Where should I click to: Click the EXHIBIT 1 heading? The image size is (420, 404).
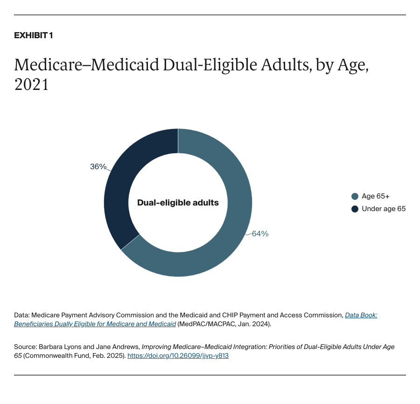[x=33, y=35]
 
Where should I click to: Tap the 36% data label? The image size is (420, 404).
[x=98, y=166]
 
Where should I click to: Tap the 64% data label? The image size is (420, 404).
[x=260, y=234]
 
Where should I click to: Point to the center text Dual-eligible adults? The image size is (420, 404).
[x=178, y=203]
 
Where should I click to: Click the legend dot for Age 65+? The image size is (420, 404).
[x=355, y=196]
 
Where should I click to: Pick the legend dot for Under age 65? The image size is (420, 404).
[x=355, y=209]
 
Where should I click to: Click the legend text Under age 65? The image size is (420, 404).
[x=384, y=209]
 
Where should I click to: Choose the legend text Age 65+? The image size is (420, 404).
[x=376, y=196]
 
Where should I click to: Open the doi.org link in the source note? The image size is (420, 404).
[x=178, y=356]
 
